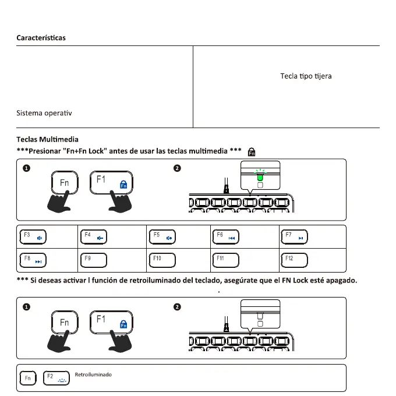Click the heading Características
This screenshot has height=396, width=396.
pyautogui.click(x=41, y=38)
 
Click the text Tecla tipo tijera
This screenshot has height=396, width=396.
pyautogui.click(x=306, y=76)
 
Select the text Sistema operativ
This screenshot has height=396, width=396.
pyautogui.click(x=44, y=113)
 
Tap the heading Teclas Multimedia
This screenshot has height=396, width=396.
pyautogui.click(x=47, y=140)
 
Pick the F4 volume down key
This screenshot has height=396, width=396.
pyautogui.click(x=95, y=237)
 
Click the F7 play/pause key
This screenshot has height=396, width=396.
pyautogui.click(x=294, y=237)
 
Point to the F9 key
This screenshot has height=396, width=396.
pyautogui.click(x=95, y=259)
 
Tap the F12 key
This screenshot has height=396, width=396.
pyautogui.click(x=294, y=259)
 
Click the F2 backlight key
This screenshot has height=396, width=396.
pyautogui.click(x=55, y=379)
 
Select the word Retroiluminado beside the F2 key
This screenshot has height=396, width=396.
pyautogui.click(x=93, y=374)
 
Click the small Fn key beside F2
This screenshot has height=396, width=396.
pyautogui.click(x=27, y=379)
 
